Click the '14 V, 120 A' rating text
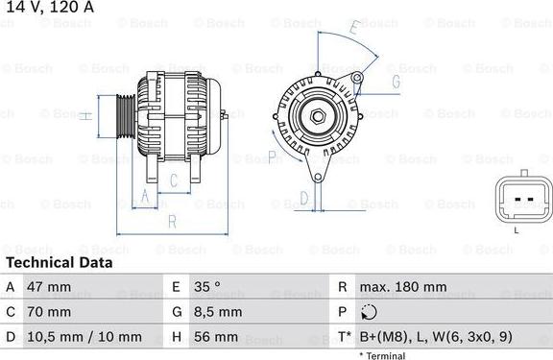(x=50, y=7)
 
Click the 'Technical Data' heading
(x=60, y=263)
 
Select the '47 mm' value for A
(x=49, y=287)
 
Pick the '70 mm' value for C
(x=49, y=312)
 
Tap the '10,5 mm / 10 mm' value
(x=84, y=337)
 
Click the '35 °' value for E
(x=207, y=287)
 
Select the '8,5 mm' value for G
(x=218, y=312)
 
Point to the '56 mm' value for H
(x=216, y=337)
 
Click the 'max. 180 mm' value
(x=403, y=287)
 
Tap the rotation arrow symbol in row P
(x=369, y=312)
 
